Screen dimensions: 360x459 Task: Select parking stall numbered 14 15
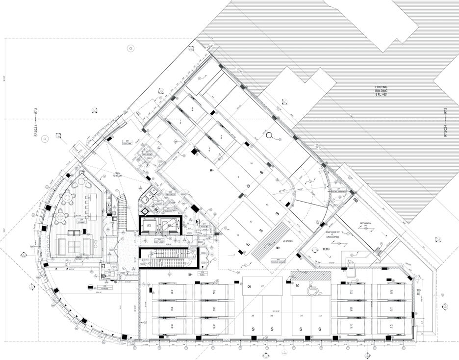click(172, 293)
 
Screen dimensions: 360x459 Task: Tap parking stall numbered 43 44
click(391, 327)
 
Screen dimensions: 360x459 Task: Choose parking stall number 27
click(262, 286)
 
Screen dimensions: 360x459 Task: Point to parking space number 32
click(320, 316)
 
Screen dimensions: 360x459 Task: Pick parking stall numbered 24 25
click(214, 327)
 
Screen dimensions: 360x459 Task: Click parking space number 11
click(237, 236)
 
